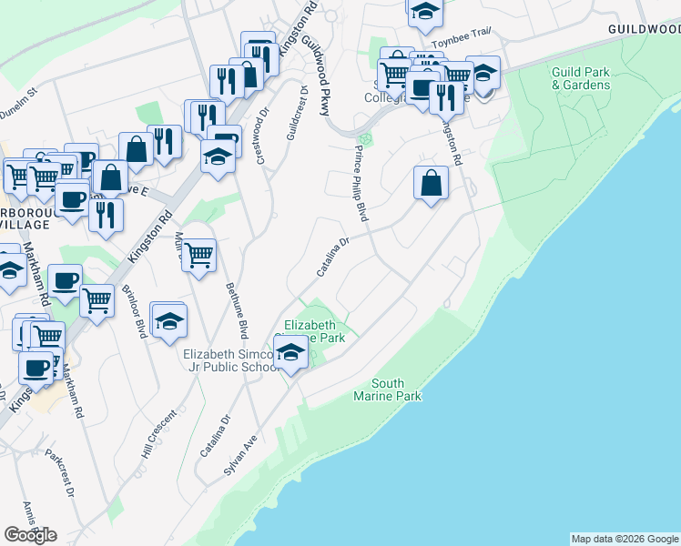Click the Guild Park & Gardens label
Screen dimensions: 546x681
(580, 78)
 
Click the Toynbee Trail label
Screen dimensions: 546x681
(462, 37)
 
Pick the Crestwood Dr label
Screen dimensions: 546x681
(262, 133)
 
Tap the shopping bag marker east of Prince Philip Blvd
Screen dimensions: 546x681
(431, 182)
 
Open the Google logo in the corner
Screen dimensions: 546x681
(30, 535)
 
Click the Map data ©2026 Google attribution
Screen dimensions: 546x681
(625, 539)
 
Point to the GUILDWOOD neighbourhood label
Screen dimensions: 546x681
(644, 29)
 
